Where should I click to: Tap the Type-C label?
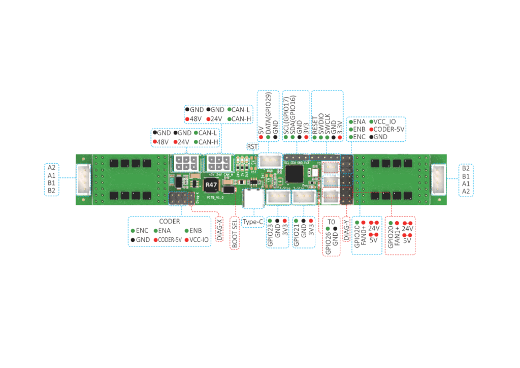[x=252, y=222]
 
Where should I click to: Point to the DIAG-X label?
[x=220, y=229]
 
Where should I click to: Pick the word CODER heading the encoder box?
[x=170, y=222]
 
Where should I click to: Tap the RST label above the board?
[x=252, y=146]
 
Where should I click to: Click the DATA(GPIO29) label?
[x=268, y=113]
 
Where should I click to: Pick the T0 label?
[x=331, y=222]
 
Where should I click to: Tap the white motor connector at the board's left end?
[x=83, y=179]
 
